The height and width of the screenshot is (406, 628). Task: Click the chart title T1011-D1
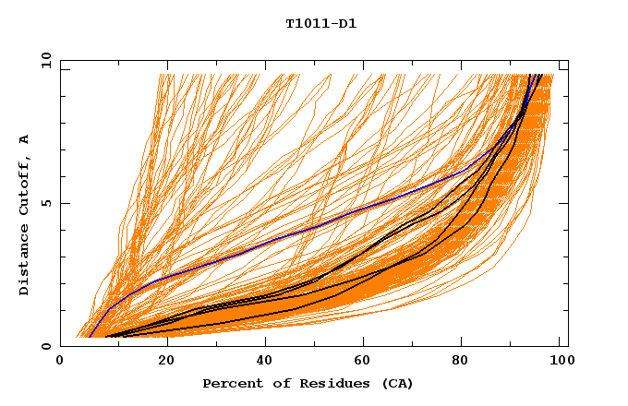tap(320, 24)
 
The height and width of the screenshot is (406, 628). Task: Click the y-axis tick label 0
tap(45, 346)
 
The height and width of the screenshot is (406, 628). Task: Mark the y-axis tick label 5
tap(45, 203)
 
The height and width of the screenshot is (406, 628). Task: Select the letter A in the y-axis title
tap(25, 139)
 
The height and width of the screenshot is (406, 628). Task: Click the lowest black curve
tap(277, 315)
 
